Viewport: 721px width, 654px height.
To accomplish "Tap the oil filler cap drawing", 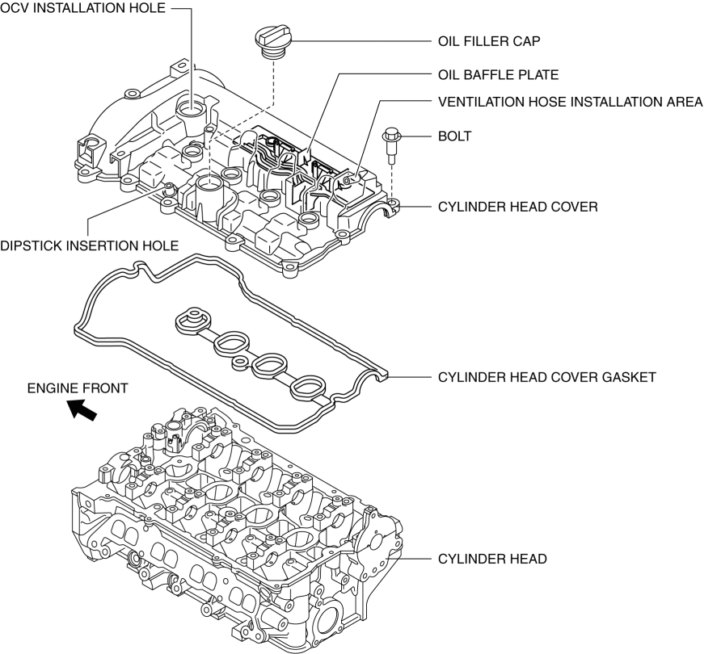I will tap(271, 38).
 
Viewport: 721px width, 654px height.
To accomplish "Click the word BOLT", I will tap(453, 136).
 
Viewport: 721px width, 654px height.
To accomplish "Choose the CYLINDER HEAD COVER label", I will tap(517, 207).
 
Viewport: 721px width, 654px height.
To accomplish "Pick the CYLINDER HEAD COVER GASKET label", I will tap(546, 376).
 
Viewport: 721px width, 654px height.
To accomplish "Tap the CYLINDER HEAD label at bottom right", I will tap(492, 558).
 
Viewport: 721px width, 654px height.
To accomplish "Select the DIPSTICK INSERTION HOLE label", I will tap(89, 245).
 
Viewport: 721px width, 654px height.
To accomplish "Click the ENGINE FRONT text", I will tap(78, 388).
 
